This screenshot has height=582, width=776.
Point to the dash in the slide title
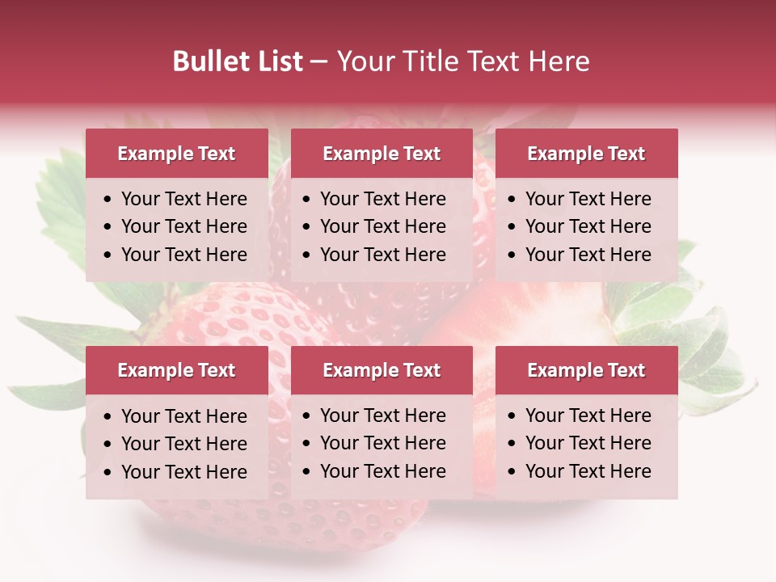[318, 62]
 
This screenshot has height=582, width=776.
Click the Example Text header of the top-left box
[176, 154]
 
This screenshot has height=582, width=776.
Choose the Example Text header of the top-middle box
[382, 154]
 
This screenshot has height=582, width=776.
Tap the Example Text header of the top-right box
[586, 154]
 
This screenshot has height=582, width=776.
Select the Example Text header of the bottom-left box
[176, 370]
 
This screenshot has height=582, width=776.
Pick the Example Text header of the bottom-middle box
[382, 370]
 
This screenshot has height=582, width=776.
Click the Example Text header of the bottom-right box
[586, 370]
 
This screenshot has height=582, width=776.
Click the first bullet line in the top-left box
[183, 199]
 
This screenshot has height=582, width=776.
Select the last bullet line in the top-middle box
[382, 255]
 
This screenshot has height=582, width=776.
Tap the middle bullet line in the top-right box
[588, 226]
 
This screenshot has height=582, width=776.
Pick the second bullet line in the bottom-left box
[183, 444]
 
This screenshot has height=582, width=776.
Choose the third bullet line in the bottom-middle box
[382, 471]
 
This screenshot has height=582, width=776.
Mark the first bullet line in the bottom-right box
[588, 415]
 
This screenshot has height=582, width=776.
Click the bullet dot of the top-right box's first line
[512, 200]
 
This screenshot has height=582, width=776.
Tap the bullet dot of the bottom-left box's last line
[108, 473]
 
